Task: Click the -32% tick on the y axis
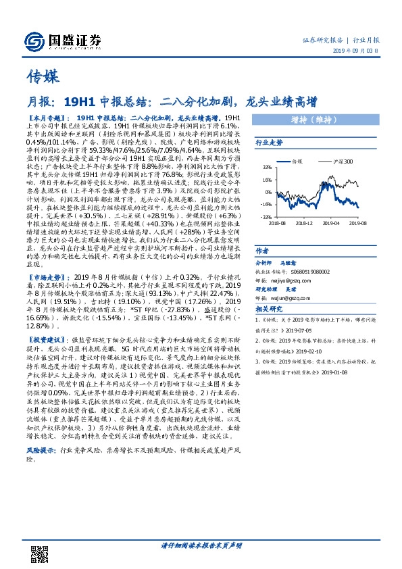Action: (x=266, y=216)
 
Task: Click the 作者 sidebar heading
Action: (x=262, y=249)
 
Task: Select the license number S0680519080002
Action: (x=310, y=269)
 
